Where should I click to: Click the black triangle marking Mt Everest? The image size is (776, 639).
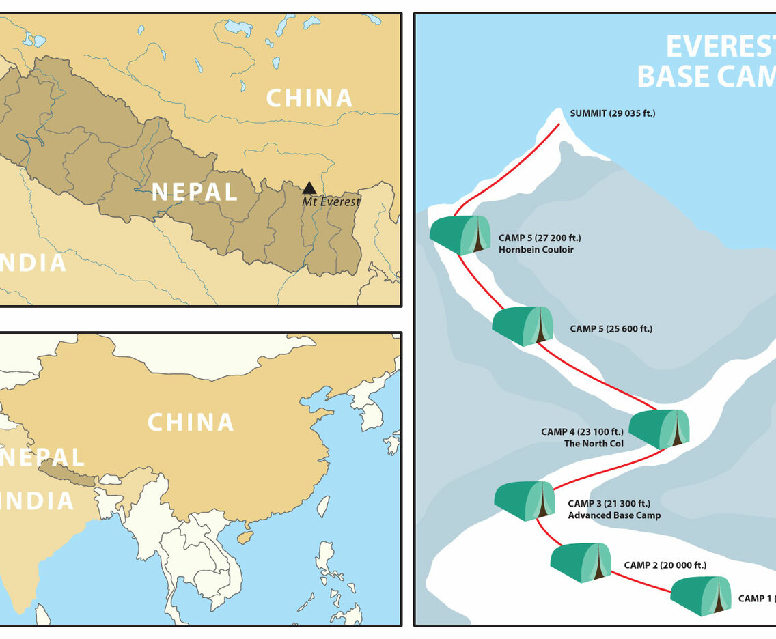pos(309,188)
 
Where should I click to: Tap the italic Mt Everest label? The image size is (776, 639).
pos(331,201)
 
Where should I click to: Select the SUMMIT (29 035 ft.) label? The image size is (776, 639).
pos(613,113)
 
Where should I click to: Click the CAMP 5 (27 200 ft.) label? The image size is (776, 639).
pos(540,238)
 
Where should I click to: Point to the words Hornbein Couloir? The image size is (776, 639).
pos(536,250)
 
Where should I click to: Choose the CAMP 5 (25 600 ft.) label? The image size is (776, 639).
pos(611,329)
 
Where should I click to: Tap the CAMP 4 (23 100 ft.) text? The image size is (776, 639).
pos(582,431)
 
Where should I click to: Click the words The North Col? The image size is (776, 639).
pos(593,444)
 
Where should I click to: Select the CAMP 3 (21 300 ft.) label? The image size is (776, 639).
pos(610,504)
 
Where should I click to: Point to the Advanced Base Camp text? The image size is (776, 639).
pos(614,515)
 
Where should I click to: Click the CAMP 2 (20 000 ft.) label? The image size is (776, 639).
pos(665,565)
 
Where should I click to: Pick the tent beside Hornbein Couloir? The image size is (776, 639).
pos(460,235)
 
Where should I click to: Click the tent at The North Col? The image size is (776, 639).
pos(659,429)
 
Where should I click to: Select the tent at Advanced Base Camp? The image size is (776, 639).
pos(525,500)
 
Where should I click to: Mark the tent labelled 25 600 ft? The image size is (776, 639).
pos(523,326)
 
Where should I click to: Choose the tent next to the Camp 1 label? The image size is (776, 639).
pos(701,595)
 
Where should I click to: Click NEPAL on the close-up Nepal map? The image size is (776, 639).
pos(195,192)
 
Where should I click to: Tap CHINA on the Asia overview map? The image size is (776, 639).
pos(191,423)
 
